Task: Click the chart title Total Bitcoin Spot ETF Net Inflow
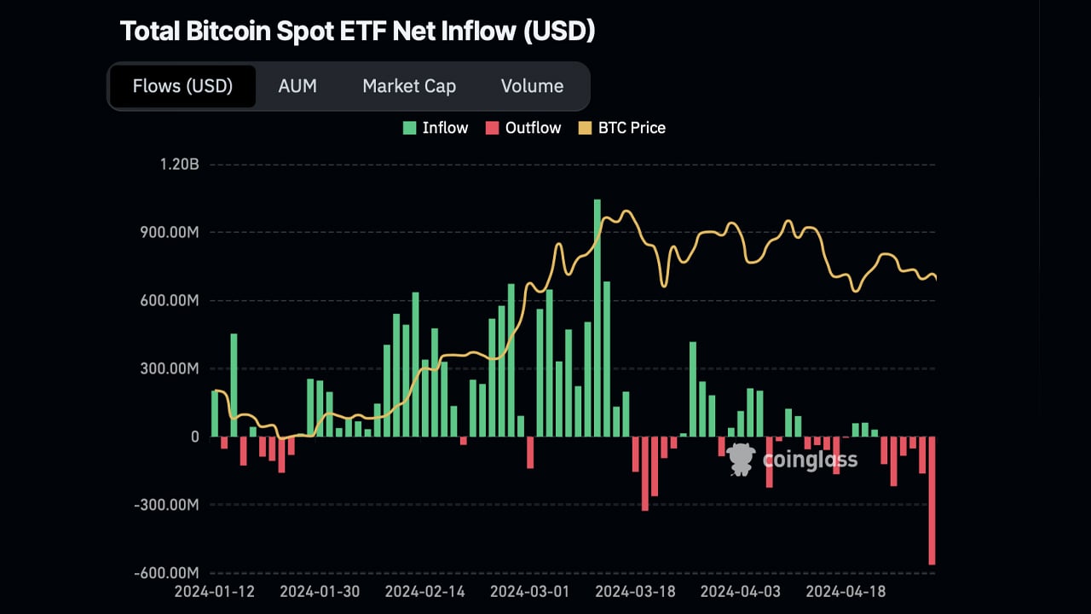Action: pyautogui.click(x=357, y=32)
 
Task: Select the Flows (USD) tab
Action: pyautogui.click(x=182, y=86)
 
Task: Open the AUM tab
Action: pyautogui.click(x=297, y=86)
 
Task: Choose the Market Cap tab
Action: pyautogui.click(x=409, y=86)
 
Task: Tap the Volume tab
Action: pyautogui.click(x=532, y=86)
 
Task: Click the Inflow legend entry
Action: pyautogui.click(x=436, y=128)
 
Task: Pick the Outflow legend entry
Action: pyautogui.click(x=523, y=128)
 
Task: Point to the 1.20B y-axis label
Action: pyautogui.click(x=178, y=164)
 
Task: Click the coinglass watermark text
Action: pyautogui.click(x=810, y=460)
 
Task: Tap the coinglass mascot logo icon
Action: pyautogui.click(x=742, y=460)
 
